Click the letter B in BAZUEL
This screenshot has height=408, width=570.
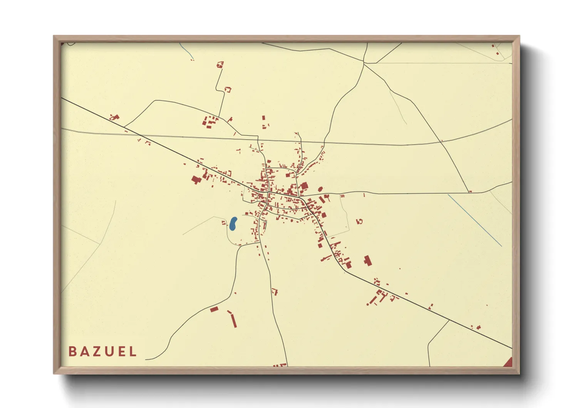72,351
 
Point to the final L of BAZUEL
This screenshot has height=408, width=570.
133,351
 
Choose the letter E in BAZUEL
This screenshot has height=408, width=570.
122,351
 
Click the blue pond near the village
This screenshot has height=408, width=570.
233,224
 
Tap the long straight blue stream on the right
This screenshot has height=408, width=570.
474,220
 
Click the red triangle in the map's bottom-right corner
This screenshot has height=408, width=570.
509,362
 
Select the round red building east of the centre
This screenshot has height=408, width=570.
320,189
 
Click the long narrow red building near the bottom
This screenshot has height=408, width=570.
233,320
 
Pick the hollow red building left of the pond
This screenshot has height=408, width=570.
223,223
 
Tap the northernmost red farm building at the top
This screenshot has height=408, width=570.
220,64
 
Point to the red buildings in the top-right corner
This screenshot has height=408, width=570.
495,49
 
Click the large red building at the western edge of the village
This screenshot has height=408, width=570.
196,179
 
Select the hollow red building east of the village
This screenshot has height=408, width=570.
360,221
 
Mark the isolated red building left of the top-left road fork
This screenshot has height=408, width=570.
114,117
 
